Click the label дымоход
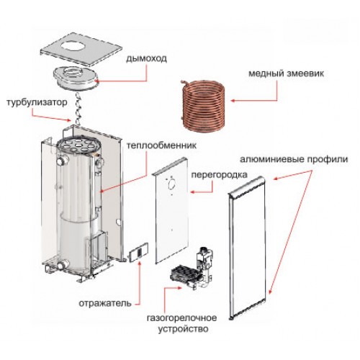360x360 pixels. click(x=146, y=58)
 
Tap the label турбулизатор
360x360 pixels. click(x=37, y=103)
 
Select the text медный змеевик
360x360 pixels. click(x=286, y=73)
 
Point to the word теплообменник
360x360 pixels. click(x=161, y=145)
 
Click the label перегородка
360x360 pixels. click(x=219, y=174)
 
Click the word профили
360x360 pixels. click(x=327, y=159)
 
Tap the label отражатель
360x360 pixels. click(x=105, y=303)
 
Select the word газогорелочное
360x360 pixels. click(x=182, y=318)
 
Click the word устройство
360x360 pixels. click(x=183, y=328)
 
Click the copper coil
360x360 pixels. click(x=203, y=107)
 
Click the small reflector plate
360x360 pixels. click(x=138, y=253)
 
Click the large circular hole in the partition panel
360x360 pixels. click(x=172, y=184)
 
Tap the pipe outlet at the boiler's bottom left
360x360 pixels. click(x=63, y=266)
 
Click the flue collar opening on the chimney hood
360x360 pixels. click(x=74, y=72)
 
